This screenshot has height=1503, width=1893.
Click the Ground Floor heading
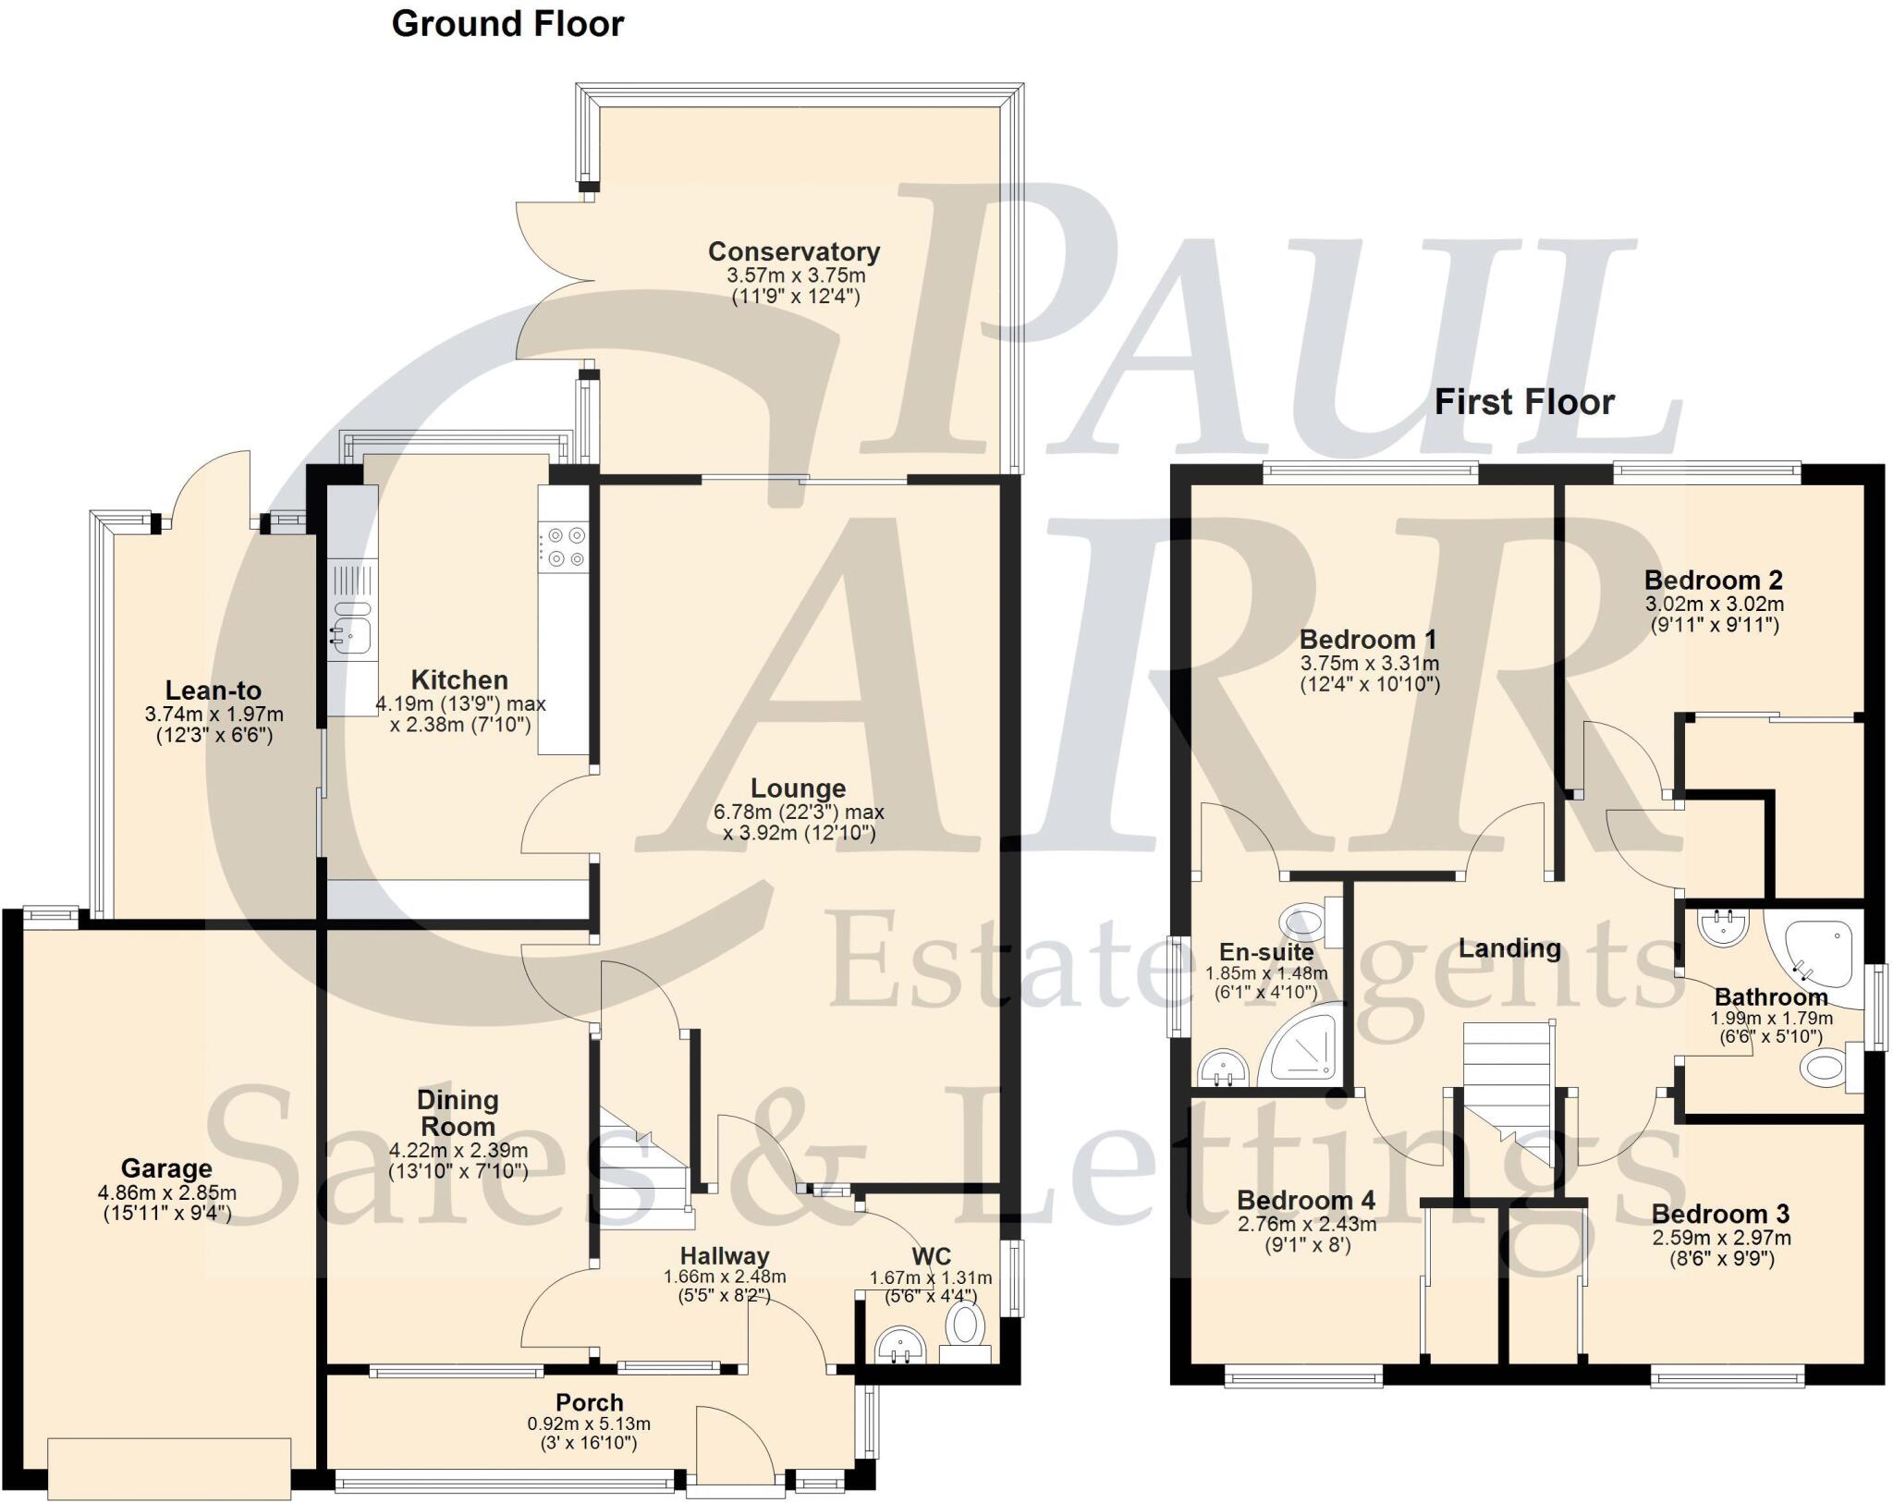click(507, 24)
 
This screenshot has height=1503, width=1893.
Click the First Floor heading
click(1524, 402)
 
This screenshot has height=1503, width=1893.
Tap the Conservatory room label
click(794, 251)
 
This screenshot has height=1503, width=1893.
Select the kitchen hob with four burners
click(564, 546)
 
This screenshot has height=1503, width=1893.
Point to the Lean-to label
click(214, 690)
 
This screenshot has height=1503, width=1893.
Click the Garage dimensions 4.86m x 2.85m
click(167, 1192)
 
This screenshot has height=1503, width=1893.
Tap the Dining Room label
click(458, 1113)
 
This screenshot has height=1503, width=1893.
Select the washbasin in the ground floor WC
click(899, 1345)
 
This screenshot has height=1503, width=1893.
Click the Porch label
click(590, 1402)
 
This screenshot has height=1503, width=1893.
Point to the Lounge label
click(799, 788)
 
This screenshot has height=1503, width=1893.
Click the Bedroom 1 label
click(1369, 640)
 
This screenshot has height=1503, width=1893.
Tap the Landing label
click(1509, 948)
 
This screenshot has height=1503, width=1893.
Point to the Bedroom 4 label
click(1306, 1201)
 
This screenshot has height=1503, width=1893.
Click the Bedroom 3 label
click(1721, 1214)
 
